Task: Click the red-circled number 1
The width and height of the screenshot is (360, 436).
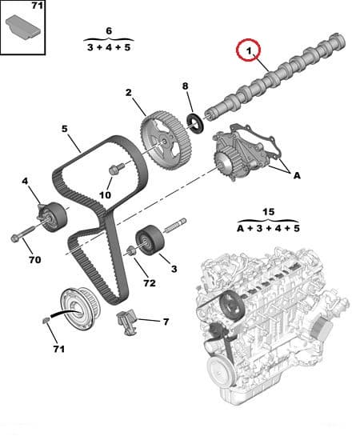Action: [x=248, y=54]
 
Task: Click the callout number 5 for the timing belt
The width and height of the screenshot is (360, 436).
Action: [x=65, y=128]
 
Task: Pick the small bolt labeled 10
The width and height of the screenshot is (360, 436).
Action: [x=114, y=169]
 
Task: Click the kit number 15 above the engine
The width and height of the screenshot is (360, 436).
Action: [x=268, y=212]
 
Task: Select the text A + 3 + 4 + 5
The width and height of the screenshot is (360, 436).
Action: [x=268, y=228]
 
